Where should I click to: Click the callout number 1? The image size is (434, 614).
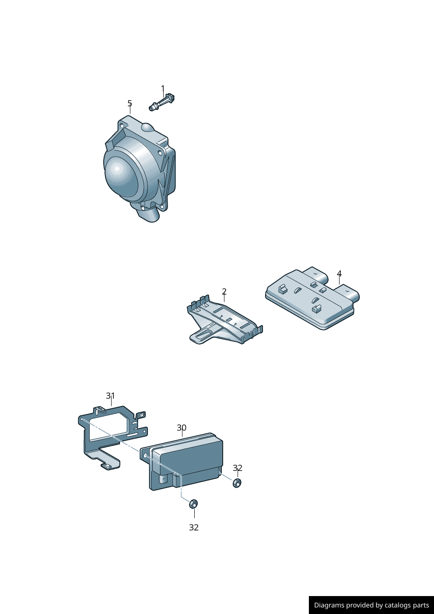click(x=163, y=89)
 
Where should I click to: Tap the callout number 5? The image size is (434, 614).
click(x=129, y=103)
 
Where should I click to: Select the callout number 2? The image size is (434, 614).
click(x=224, y=291)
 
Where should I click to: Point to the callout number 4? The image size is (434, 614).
click(x=339, y=274)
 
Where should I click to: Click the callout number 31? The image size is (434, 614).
click(x=110, y=396)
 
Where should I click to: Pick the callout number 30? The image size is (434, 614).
click(x=182, y=428)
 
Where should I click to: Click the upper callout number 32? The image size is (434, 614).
click(x=238, y=468)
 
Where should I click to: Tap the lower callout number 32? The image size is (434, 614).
click(x=194, y=527)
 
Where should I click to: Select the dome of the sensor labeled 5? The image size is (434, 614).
click(x=120, y=173)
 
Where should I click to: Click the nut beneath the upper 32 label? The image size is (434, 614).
click(x=237, y=483)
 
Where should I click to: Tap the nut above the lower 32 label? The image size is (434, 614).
click(x=193, y=504)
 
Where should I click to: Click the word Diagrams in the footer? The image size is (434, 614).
click(x=329, y=605)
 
